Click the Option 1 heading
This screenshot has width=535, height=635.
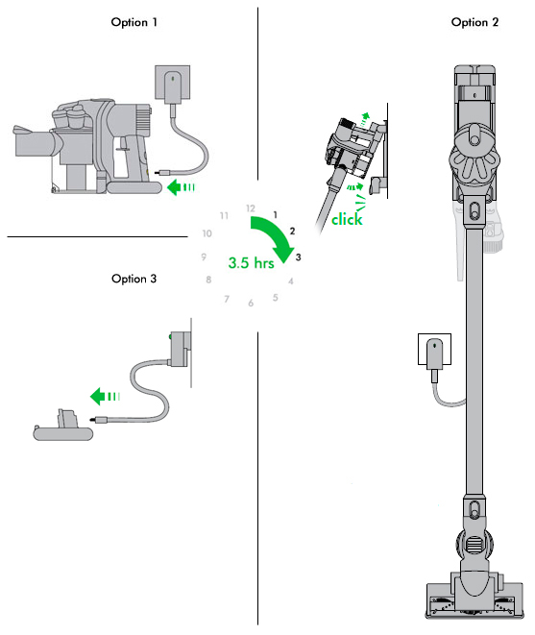pyautogui.click(x=134, y=22)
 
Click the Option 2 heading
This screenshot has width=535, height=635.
pyautogui.click(x=474, y=22)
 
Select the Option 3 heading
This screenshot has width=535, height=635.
pyautogui.click(x=134, y=279)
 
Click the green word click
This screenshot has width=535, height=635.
pyautogui.click(x=348, y=220)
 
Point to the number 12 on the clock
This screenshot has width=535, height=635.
pyautogui.click(x=251, y=208)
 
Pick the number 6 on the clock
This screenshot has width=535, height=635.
pyautogui.click(x=251, y=304)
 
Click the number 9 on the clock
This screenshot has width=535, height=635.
pyautogui.click(x=204, y=256)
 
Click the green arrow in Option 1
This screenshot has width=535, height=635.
pyautogui.click(x=180, y=187)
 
